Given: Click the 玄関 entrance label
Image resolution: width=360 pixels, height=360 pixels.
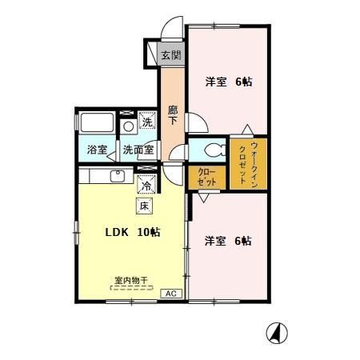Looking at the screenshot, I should [x=170, y=56].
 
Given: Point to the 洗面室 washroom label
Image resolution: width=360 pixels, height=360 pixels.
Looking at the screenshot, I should [x=138, y=149].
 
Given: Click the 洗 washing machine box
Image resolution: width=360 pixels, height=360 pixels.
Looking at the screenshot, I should [x=147, y=122].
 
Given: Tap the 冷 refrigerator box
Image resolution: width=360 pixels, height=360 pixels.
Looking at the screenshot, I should [x=147, y=185].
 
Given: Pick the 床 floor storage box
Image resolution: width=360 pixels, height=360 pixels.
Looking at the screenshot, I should [x=146, y=206].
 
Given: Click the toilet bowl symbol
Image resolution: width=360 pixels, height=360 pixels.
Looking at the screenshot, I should [x=210, y=150].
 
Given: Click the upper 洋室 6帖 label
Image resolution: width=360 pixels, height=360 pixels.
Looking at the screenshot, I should [x=229, y=81].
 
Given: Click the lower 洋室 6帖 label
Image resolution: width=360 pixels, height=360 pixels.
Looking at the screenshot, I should [x=228, y=240].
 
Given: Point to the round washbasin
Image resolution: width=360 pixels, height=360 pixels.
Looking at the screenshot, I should [x=129, y=126].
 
